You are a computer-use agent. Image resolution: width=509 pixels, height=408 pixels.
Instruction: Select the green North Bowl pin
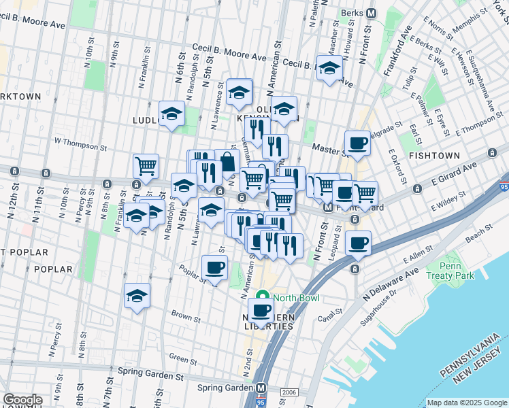click(x=263, y=298)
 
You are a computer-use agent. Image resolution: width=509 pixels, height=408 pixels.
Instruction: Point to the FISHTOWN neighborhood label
click(x=436, y=155)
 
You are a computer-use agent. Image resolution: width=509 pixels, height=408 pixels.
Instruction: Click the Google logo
click(x=22, y=400)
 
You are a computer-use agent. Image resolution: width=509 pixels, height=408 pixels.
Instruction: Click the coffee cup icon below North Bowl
click(x=261, y=311)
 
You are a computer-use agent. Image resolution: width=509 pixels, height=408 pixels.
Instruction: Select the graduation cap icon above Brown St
click(x=137, y=296)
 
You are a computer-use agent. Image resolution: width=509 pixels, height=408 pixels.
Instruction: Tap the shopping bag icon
click(x=227, y=162)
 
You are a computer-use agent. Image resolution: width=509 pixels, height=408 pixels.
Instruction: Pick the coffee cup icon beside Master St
click(x=357, y=143)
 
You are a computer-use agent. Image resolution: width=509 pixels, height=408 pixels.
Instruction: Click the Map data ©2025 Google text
click(x=467, y=403)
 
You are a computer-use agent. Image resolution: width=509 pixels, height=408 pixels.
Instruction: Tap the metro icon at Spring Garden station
click(x=261, y=387)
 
